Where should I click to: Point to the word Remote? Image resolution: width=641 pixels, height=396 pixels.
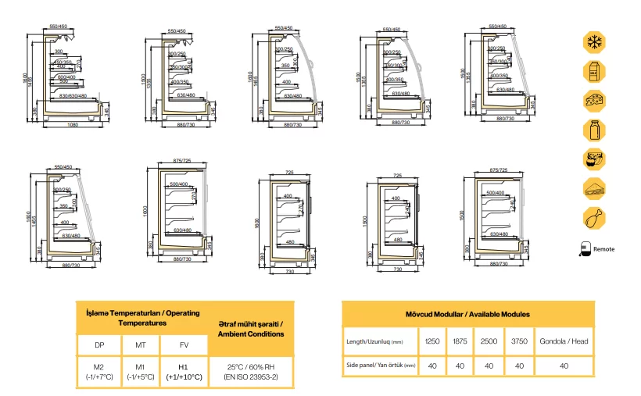603,250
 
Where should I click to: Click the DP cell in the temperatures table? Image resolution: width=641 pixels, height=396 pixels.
98,344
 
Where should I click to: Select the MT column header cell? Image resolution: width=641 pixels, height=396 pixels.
141,344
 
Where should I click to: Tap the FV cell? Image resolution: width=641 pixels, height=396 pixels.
184,344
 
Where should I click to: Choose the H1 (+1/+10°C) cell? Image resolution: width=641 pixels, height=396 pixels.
184,372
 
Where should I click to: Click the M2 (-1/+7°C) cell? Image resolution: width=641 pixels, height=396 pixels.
98,372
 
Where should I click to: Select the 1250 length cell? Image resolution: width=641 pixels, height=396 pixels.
432,341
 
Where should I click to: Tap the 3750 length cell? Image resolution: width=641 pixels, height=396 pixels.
518,341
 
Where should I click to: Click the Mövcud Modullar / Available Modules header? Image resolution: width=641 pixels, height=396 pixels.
467,314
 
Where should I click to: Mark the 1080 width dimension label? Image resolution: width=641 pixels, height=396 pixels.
73,124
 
